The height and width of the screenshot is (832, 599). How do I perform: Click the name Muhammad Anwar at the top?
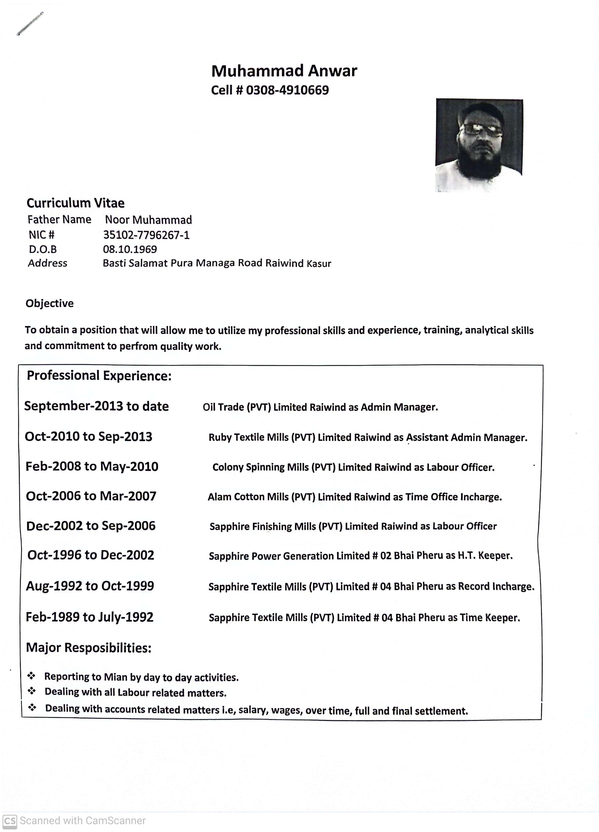pos(284,71)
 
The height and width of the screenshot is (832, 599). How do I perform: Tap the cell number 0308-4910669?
pos(287,90)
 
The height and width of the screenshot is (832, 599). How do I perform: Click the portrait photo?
pos(479,145)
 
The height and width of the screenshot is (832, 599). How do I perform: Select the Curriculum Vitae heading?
pos(76,203)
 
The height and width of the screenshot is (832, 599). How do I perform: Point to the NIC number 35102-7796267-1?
pos(146,235)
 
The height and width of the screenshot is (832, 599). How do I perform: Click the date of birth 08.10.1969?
pos(130,249)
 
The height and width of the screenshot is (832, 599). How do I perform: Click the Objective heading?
pos(49,303)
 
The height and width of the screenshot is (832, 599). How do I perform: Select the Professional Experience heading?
pos(99,376)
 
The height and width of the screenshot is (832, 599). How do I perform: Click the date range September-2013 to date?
pos(96,406)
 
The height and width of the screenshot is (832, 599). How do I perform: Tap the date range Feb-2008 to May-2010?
pos(92,466)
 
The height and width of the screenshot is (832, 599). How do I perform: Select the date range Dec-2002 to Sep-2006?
pos(91,526)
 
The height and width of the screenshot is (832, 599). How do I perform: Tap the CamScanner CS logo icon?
pos(9,821)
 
